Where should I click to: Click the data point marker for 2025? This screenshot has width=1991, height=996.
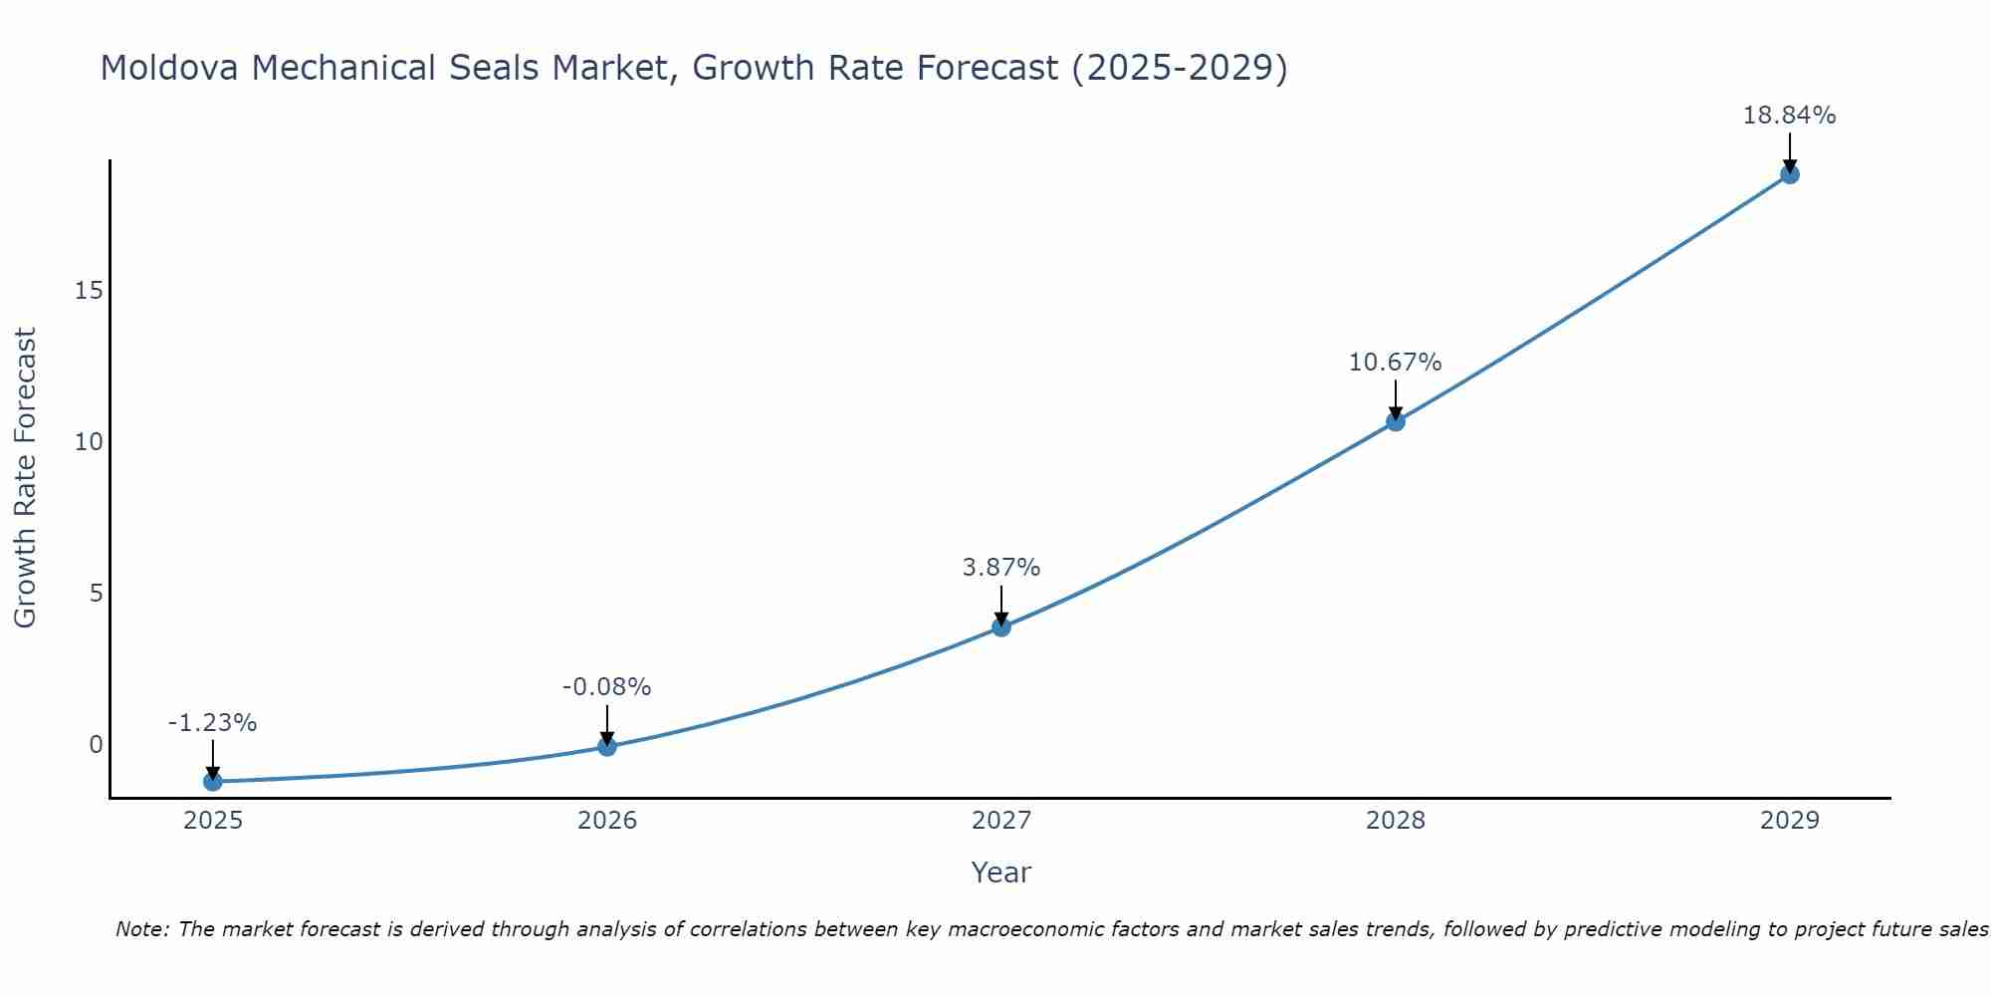pos(213,782)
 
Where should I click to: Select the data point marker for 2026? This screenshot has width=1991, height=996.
pos(607,746)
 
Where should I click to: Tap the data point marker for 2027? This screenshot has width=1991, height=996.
pos(1001,626)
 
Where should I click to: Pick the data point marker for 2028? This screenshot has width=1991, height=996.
pos(1396,421)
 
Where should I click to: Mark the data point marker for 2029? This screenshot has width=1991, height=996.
pos(1790,174)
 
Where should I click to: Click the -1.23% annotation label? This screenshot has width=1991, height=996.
pos(212,723)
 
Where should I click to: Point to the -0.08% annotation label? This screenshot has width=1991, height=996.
pos(606,687)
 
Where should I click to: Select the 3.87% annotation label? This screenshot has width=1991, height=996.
pos(1000,568)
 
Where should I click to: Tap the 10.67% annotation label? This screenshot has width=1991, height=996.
pos(1395,363)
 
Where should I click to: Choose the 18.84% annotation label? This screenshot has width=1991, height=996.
pos(1789,116)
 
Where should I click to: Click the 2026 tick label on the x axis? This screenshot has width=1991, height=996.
pos(607,821)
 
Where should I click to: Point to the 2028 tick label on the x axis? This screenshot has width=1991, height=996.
pos(1396,821)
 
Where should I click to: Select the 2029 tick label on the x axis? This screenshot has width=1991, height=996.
pos(1790,821)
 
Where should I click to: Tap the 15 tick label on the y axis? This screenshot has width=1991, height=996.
pos(89,291)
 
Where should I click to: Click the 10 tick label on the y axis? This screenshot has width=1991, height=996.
pos(89,442)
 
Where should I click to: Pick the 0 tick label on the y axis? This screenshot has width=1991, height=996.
pos(96,745)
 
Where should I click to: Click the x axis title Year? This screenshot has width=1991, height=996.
pos(1000,872)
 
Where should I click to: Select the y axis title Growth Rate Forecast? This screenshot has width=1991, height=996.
pos(25,478)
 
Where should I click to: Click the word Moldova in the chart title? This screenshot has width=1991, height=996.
pos(169,68)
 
